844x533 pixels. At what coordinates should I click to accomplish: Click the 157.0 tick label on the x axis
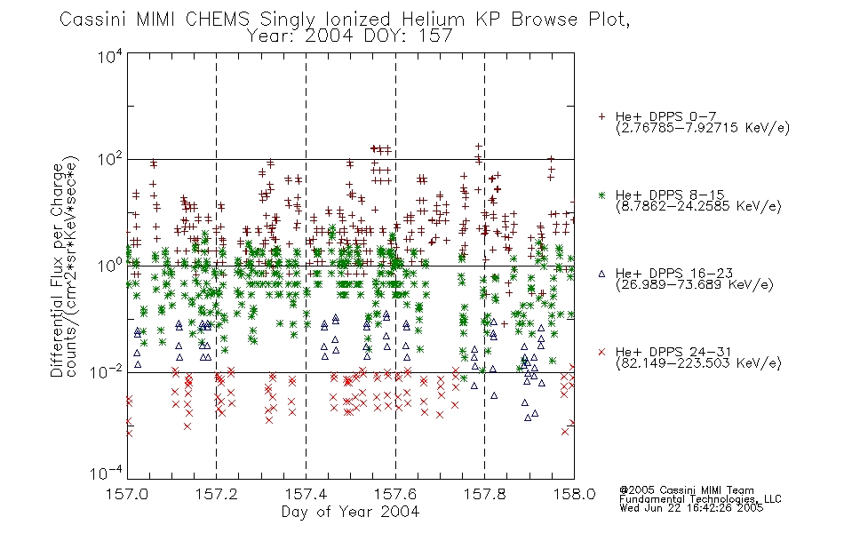126,494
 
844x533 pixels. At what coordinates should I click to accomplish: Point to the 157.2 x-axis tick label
216,494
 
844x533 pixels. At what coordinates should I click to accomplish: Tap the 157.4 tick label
306,494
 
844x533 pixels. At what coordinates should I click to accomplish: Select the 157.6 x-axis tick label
395,494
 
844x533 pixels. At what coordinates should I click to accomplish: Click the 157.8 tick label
484,494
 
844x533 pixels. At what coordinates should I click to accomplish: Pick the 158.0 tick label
574,494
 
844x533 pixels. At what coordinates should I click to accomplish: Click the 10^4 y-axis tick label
110,57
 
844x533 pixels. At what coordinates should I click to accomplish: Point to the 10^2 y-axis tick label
110,161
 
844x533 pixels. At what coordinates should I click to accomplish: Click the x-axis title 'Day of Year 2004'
350,512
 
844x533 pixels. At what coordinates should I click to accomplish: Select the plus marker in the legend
601,116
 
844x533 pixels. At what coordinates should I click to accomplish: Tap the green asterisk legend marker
601,195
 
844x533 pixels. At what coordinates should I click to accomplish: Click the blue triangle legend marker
601,274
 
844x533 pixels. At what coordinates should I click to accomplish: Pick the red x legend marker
601,352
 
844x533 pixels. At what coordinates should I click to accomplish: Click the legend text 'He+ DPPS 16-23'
674,273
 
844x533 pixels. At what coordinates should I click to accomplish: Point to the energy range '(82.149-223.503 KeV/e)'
698,363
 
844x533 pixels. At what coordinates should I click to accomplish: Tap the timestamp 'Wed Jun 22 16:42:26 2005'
691,508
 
